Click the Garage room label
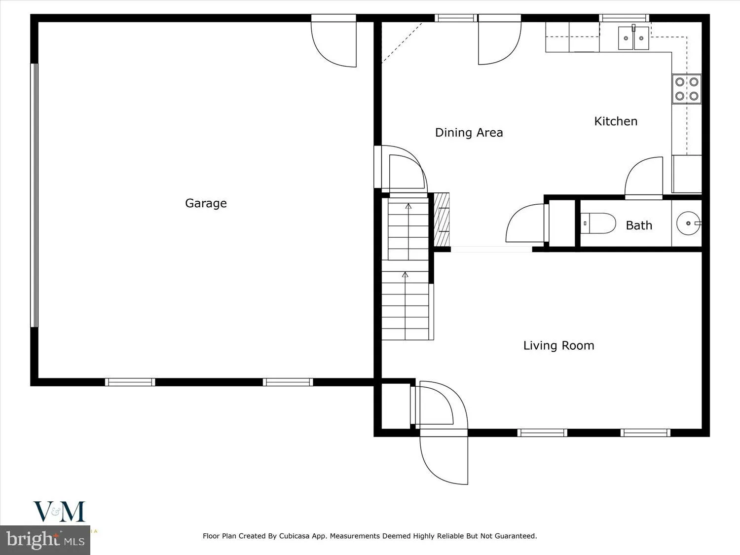click(x=206, y=203)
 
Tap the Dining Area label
click(x=469, y=133)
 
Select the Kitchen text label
click(x=616, y=121)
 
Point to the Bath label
click(x=639, y=225)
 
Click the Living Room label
click(x=558, y=345)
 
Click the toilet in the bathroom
click(x=597, y=223)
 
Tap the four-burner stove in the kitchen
click(x=687, y=89)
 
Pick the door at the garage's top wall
click(x=333, y=42)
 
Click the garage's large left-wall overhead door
click(x=34, y=195)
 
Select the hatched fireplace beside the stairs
click(x=442, y=220)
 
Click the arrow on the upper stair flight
click(x=407, y=206)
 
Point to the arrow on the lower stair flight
click(x=406, y=275)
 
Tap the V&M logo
click(x=59, y=512)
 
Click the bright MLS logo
click(x=45, y=539)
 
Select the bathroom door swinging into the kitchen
click(x=644, y=179)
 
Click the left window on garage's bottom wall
click(x=130, y=382)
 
